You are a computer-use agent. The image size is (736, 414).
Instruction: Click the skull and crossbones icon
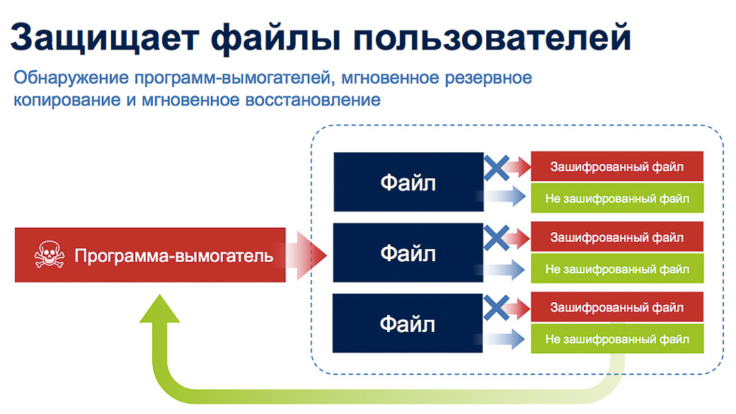(x=50, y=255)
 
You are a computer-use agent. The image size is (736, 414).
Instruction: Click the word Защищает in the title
(x=105, y=38)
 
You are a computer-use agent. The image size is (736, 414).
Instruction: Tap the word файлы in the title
(x=276, y=38)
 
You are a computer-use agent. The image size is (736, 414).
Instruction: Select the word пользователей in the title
(x=492, y=38)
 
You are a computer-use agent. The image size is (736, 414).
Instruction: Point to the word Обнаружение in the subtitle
(x=71, y=77)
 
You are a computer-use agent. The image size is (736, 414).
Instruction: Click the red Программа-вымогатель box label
(x=173, y=255)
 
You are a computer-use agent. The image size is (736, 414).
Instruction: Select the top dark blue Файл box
(x=408, y=182)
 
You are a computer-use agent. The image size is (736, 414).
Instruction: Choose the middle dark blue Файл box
(x=408, y=253)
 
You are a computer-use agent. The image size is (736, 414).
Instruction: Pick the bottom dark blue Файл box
(x=408, y=323)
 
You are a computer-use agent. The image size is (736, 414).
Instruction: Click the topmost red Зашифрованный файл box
(x=617, y=166)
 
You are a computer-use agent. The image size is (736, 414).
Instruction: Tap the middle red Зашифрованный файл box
(x=617, y=236)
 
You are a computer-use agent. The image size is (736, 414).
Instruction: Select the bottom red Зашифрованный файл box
(x=617, y=307)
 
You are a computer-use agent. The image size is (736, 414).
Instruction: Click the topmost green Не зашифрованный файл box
(x=617, y=198)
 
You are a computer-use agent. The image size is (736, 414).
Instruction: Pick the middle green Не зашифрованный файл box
(x=617, y=268)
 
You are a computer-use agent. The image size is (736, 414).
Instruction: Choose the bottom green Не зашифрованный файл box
(x=617, y=338)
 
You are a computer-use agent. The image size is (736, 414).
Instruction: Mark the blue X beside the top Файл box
(x=497, y=168)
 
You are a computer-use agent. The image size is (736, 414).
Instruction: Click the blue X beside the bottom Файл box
(x=497, y=308)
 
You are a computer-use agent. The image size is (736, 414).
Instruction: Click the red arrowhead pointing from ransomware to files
(x=311, y=255)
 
